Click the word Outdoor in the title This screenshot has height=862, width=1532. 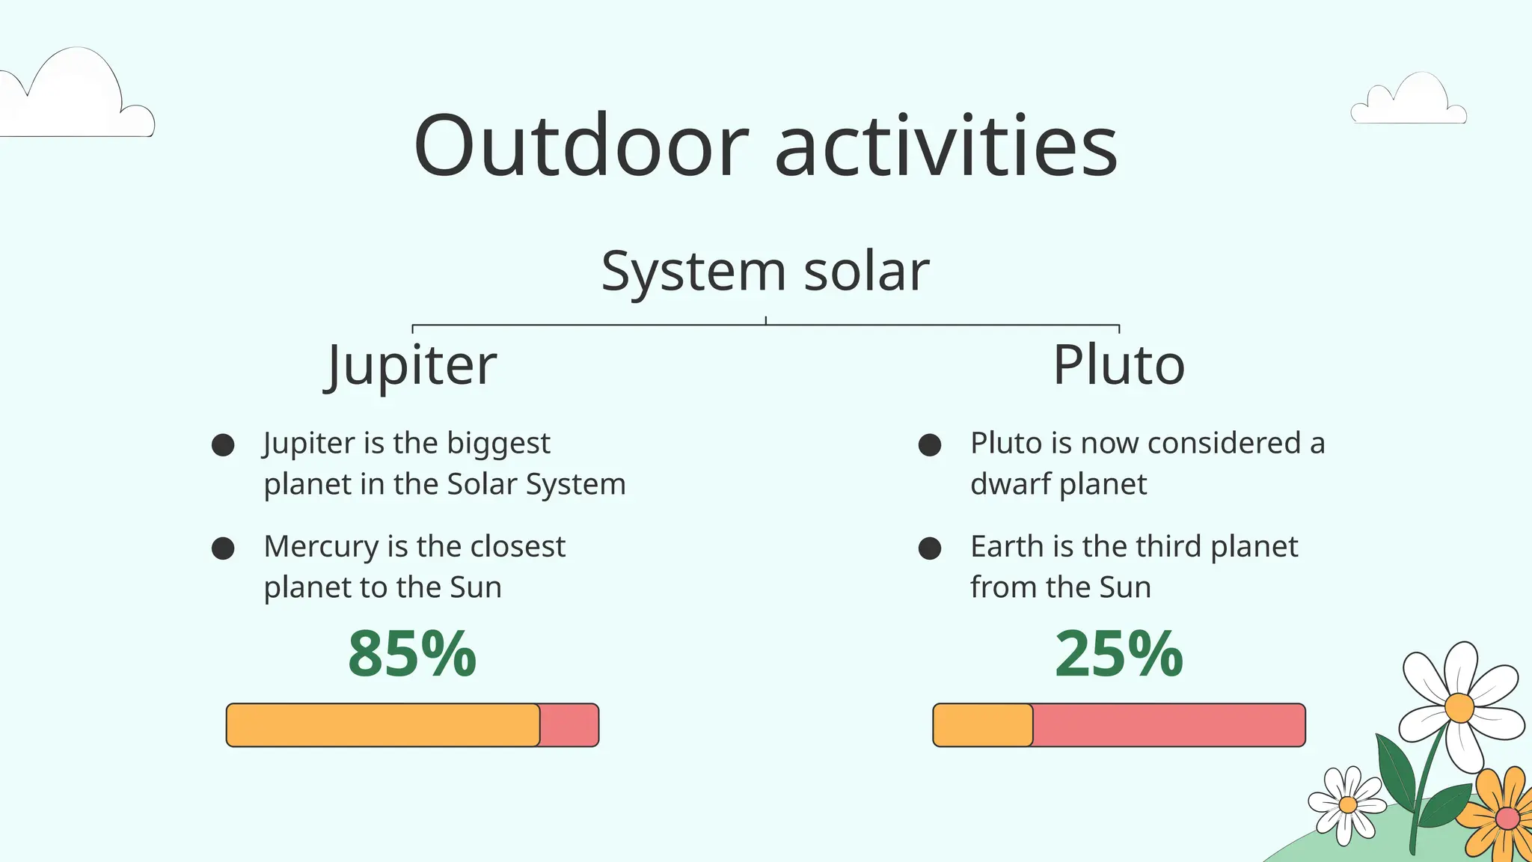(580, 146)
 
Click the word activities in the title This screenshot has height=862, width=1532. (946, 146)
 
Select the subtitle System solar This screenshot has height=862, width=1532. (765, 271)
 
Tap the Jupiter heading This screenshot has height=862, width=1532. (412, 365)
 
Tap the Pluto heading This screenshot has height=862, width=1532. (1118, 365)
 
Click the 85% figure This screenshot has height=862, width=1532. (412, 654)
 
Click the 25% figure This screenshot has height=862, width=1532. (1118, 654)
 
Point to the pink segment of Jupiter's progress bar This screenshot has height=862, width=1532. (569, 725)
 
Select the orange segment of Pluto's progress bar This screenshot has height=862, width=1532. (983, 725)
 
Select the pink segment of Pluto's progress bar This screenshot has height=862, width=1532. (1168, 725)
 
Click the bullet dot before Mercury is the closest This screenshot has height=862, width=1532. (223, 548)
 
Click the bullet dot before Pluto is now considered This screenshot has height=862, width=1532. (930, 445)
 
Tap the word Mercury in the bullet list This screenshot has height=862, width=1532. (321, 547)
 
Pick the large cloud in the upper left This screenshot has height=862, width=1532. (75, 97)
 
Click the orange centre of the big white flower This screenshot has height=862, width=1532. (1459, 707)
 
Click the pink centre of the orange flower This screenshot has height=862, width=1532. (1507, 818)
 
